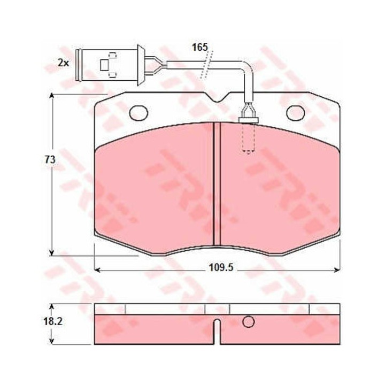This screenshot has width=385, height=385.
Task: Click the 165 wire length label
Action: (x=200, y=47)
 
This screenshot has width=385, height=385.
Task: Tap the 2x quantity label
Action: (x=63, y=63)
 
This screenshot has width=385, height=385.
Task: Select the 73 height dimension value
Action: (x=50, y=160)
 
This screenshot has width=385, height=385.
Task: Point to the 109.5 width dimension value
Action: (x=221, y=267)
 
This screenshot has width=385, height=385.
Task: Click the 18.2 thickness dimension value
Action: (x=53, y=321)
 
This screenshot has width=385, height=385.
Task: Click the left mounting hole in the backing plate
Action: (x=138, y=113)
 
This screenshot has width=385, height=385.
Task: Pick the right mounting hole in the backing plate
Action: (x=296, y=113)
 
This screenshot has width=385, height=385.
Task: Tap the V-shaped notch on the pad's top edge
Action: (x=217, y=97)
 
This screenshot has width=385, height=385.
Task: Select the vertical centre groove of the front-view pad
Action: (x=217, y=183)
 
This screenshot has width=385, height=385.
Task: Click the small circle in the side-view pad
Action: (x=248, y=322)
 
